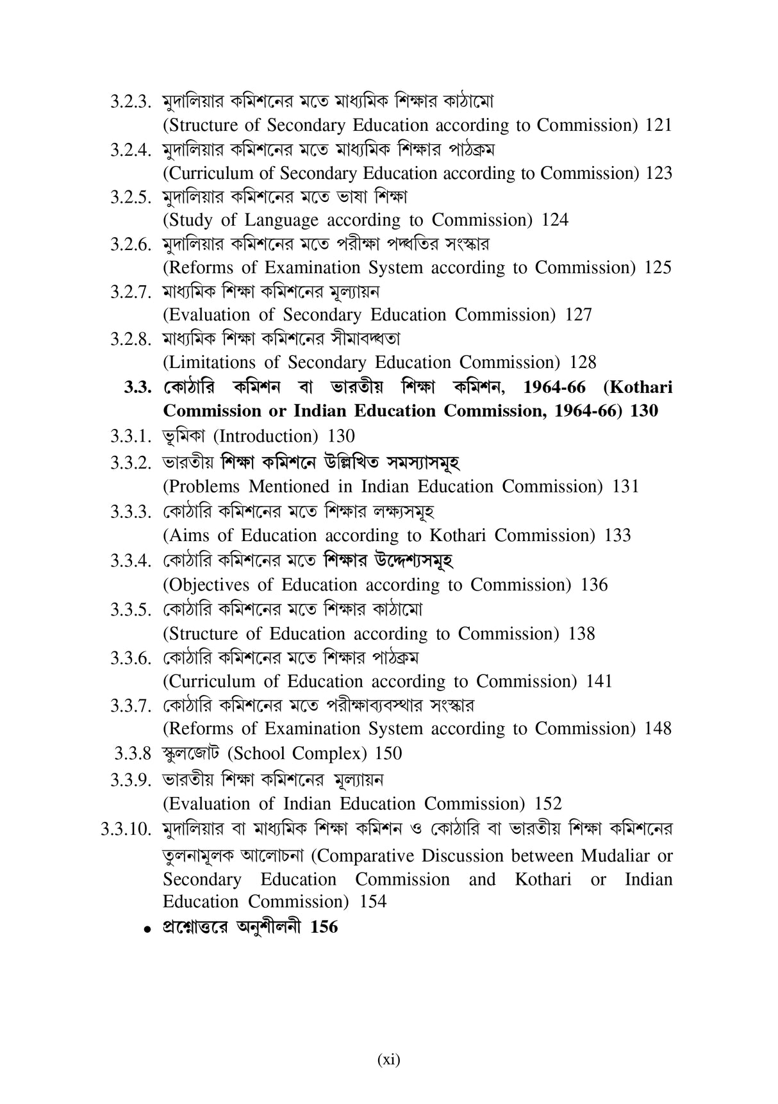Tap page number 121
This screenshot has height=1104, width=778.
pos(658,125)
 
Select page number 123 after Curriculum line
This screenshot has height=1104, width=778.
pos(659,173)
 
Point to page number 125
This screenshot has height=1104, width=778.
pos(658,267)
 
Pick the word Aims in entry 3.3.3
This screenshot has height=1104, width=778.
pos(186,535)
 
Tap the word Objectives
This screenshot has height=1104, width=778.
pos(206,585)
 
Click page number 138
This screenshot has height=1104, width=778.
pos(581,633)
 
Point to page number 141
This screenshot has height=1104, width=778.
pos(599,681)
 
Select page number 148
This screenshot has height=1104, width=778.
pos(658,728)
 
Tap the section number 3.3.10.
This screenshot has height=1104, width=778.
pos(125,830)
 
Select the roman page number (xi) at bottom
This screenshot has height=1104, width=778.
pos(388,1060)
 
